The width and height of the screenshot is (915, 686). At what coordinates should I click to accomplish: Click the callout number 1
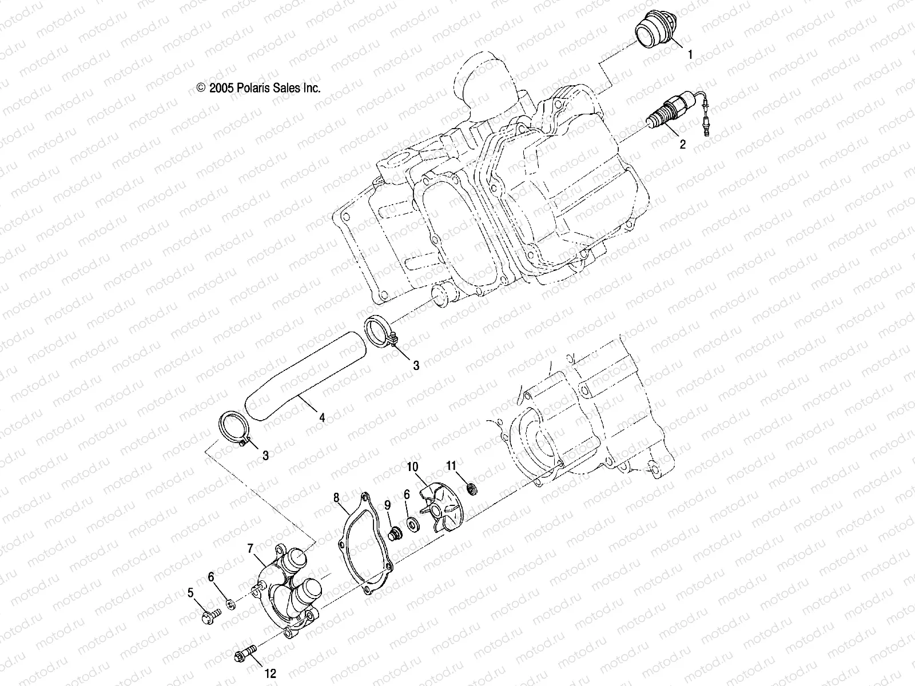pyautogui.click(x=690, y=55)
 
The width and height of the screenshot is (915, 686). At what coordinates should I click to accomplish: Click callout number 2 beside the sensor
pyautogui.click(x=682, y=144)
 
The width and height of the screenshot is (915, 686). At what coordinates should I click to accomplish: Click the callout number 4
pyautogui.click(x=322, y=418)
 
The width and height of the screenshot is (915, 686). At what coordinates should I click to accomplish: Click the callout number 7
pyautogui.click(x=250, y=548)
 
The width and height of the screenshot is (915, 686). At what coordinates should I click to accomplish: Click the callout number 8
pyautogui.click(x=336, y=497)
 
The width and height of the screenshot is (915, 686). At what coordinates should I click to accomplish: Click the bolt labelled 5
pyautogui.click(x=209, y=617)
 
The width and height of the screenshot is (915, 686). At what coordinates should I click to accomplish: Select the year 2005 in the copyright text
pyautogui.click(x=221, y=88)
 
